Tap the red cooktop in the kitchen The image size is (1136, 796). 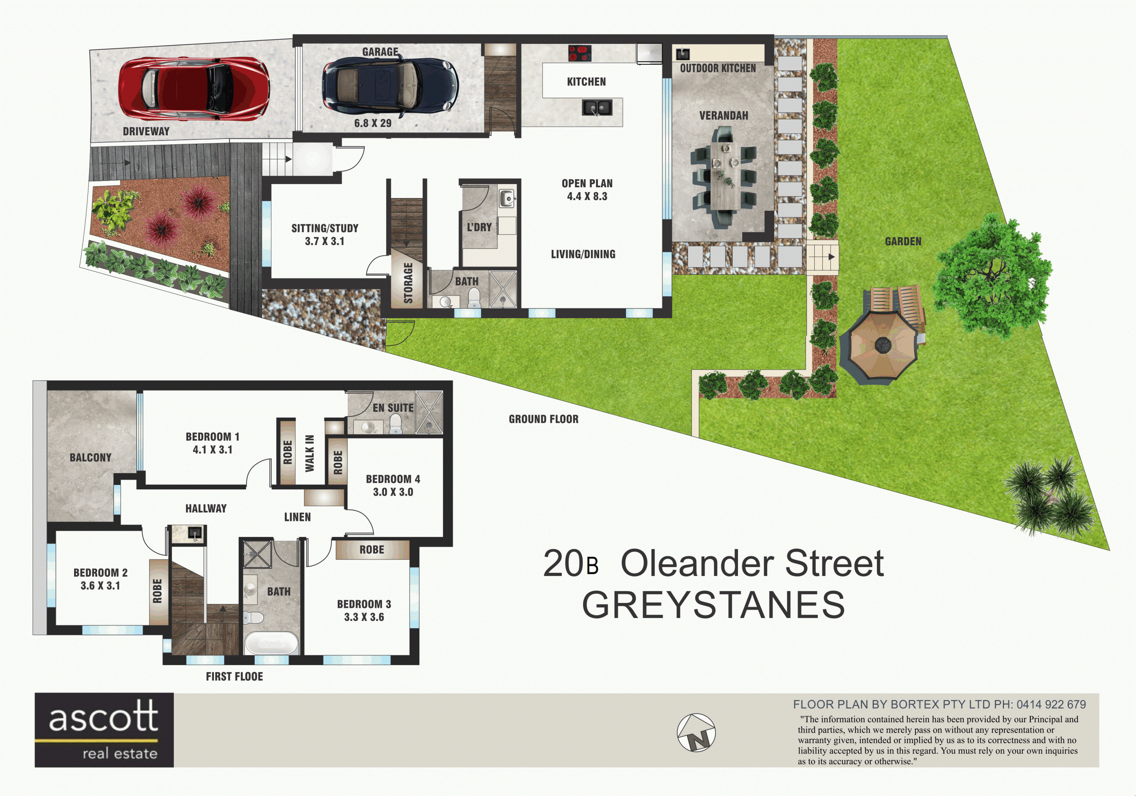pos(580,53)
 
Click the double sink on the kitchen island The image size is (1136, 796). pos(597,107)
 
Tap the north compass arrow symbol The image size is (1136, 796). pos(696,732)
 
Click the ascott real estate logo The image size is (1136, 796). pos(104,730)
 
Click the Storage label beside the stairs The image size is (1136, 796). pos(408,283)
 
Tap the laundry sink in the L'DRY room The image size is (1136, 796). pos(507,199)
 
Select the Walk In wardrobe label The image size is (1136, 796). pos(310,453)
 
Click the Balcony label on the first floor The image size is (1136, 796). pos(91,457)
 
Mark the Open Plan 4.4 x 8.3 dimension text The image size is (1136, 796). pos(587,189)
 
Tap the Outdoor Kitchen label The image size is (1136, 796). pos(718,68)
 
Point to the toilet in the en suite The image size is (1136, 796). pos(395,424)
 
